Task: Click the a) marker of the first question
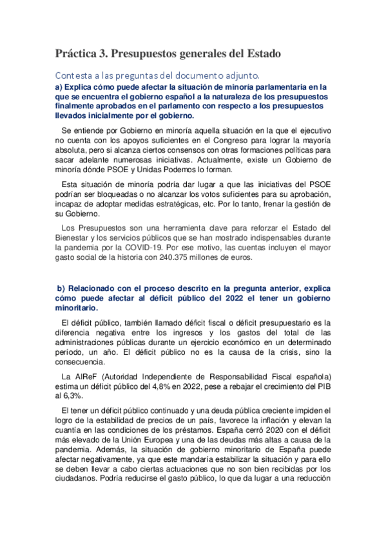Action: pyautogui.click(x=59, y=86)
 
